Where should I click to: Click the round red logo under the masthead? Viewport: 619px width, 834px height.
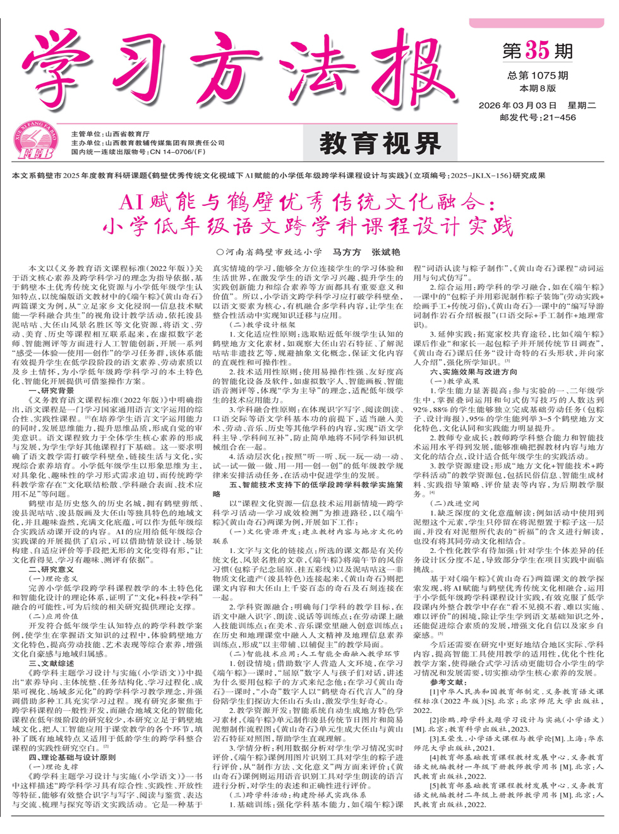click(x=35, y=141)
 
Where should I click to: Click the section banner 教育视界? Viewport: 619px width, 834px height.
click(x=380, y=144)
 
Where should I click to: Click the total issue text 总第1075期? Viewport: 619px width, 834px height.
click(x=538, y=76)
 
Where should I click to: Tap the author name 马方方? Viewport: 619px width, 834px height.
click(x=347, y=252)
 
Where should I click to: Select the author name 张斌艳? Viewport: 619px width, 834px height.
click(x=385, y=252)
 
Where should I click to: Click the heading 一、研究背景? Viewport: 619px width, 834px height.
click(x=51, y=391)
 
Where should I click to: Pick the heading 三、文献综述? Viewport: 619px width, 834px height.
click(x=51, y=664)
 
